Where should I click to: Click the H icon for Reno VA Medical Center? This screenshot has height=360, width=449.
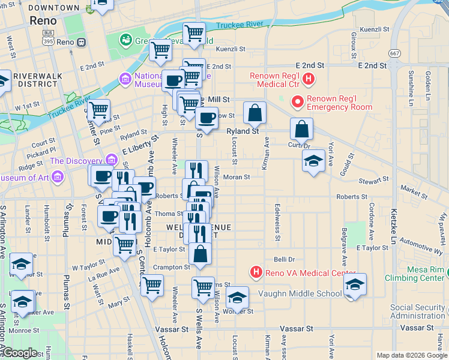(x=256, y=273)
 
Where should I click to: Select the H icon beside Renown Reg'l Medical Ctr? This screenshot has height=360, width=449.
(x=309, y=78)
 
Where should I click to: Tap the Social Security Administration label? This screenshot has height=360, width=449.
(x=418, y=311)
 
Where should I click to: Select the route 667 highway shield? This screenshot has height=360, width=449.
(x=394, y=53)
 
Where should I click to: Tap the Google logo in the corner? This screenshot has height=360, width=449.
(x=20, y=353)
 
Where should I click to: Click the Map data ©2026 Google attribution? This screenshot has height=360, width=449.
(x=412, y=355)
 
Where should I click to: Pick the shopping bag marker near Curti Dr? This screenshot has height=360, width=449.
(x=301, y=129)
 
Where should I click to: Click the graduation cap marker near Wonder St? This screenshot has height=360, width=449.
(x=237, y=298)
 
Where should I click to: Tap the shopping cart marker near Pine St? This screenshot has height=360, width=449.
(x=98, y=111)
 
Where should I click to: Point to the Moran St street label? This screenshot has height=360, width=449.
(x=236, y=177)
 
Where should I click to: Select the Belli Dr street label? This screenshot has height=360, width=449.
(x=284, y=259)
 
